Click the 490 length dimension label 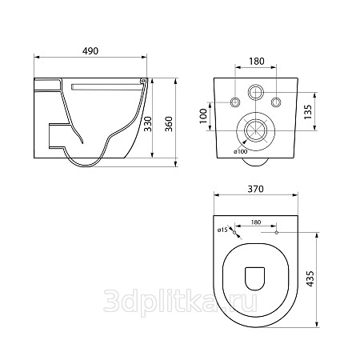click(90, 51)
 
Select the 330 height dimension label click(147, 124)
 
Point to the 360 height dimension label click(169, 124)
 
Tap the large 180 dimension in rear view click(257, 62)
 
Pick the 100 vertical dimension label click(203, 116)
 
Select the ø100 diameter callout click(241, 152)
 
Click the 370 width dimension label click(256, 189)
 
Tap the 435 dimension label click(310, 279)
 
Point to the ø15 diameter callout click(222, 230)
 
